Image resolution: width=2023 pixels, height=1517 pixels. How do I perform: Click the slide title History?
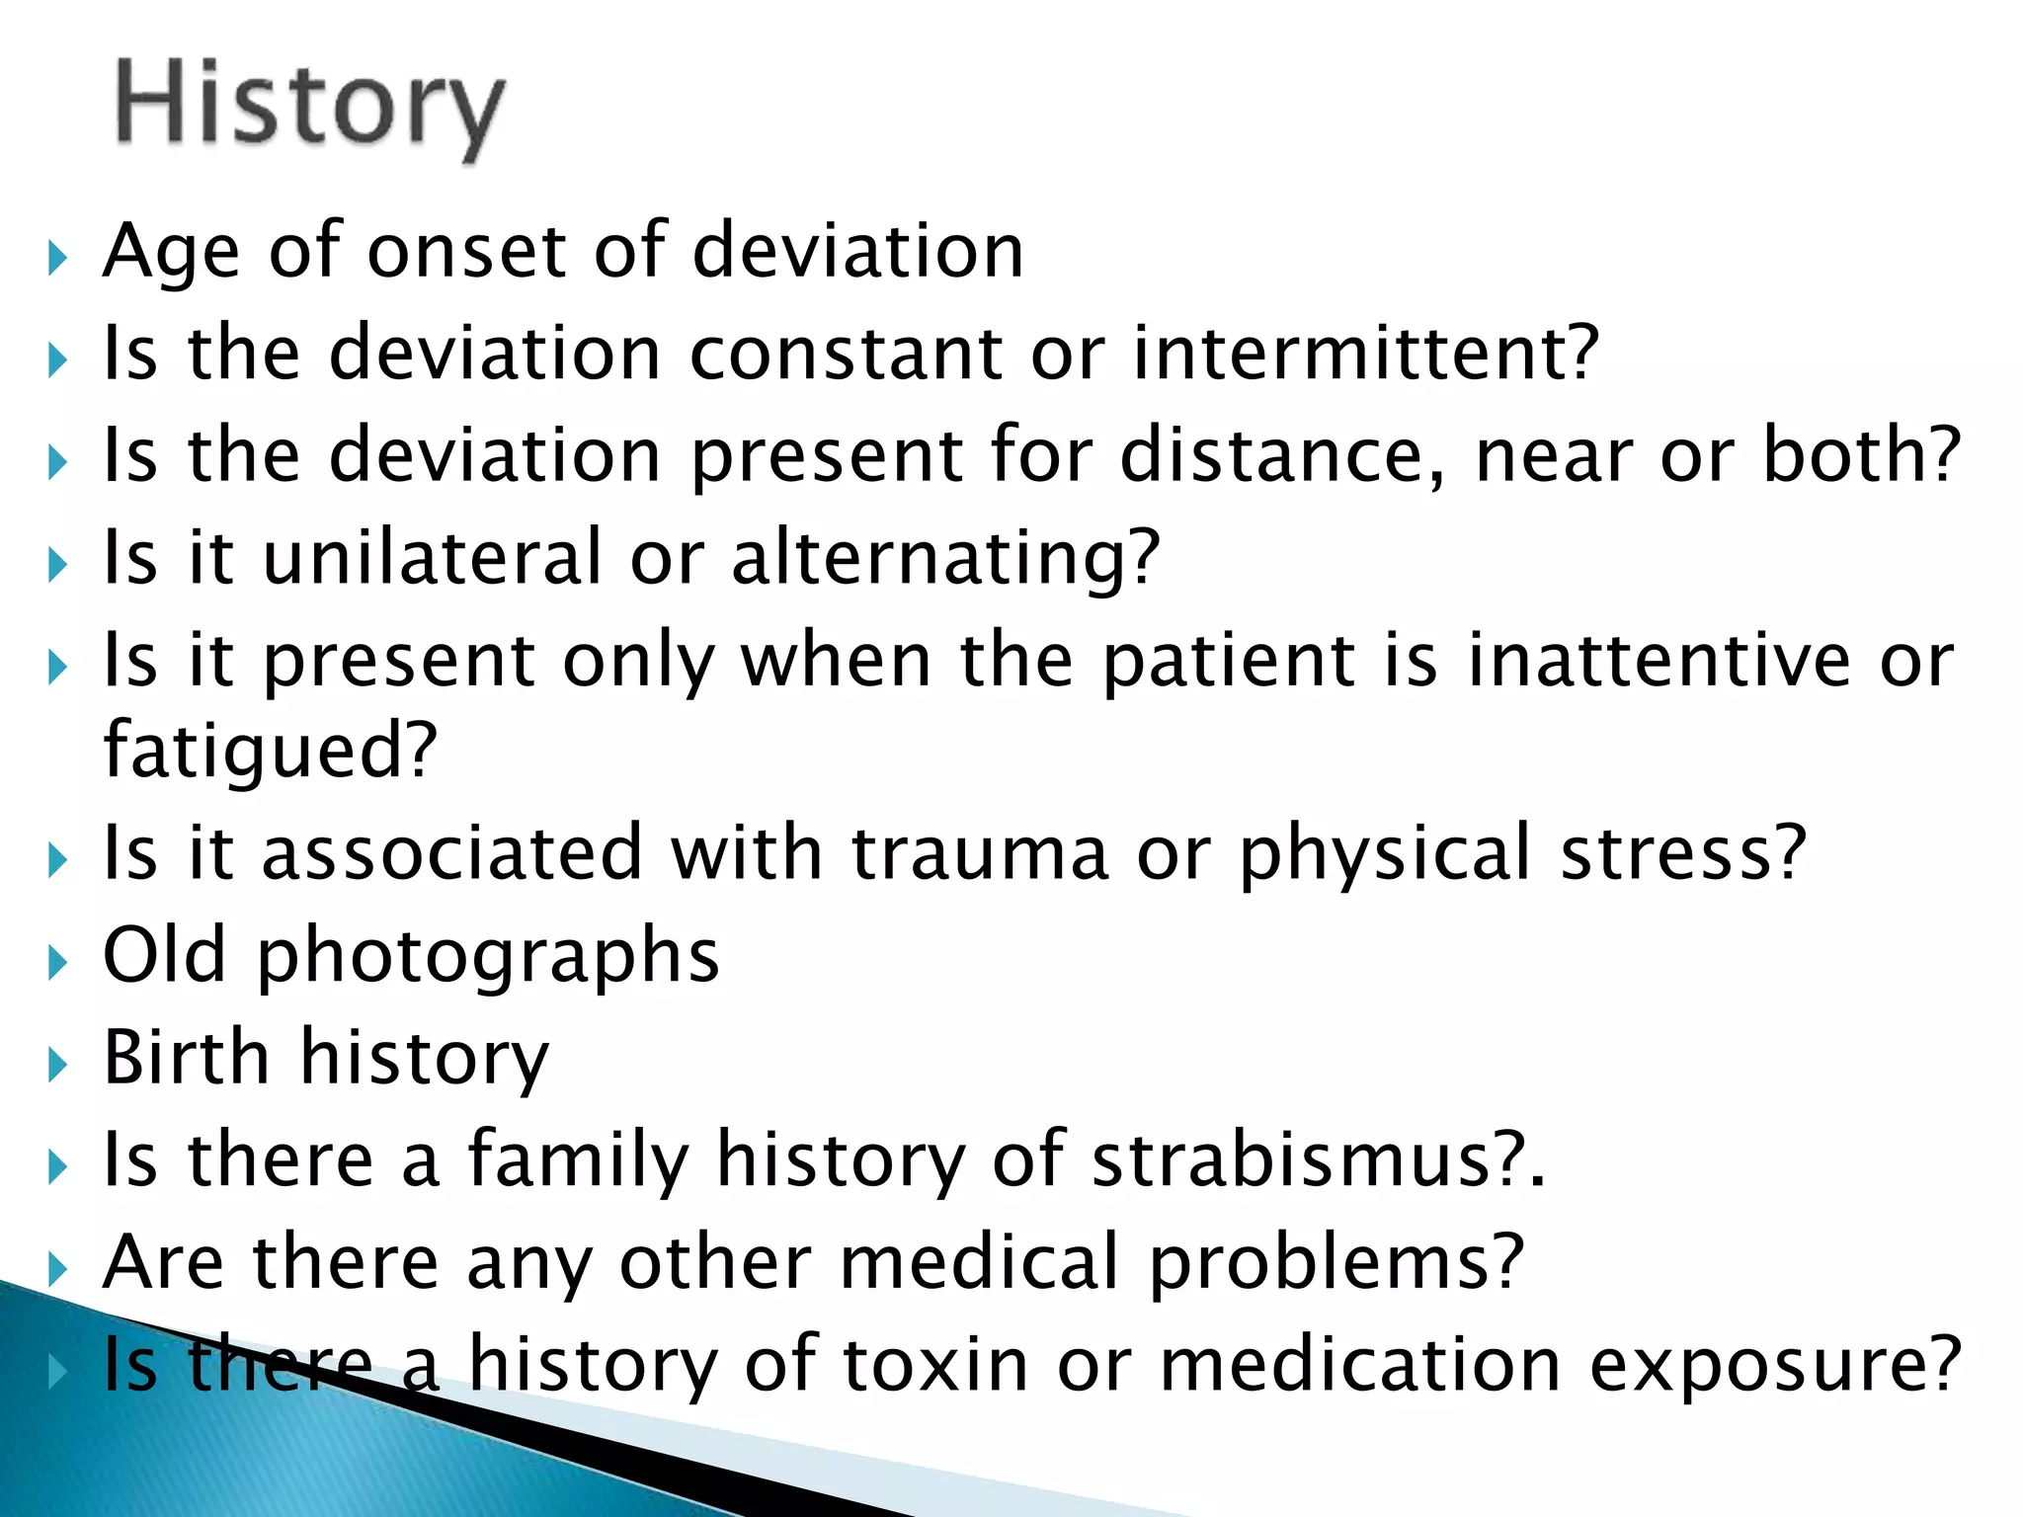coord(310,107)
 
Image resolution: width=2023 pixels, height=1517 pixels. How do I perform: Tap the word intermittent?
coord(1364,353)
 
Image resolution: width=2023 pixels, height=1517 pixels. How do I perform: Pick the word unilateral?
coord(433,557)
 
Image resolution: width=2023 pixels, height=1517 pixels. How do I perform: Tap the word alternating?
coord(944,559)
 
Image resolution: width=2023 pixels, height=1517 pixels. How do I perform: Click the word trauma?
coord(980,853)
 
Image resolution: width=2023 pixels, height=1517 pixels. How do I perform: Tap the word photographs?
coord(488,956)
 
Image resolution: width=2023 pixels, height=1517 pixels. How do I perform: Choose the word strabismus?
coord(1305,1159)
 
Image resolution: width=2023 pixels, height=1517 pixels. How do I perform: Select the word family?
coord(578,1159)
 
